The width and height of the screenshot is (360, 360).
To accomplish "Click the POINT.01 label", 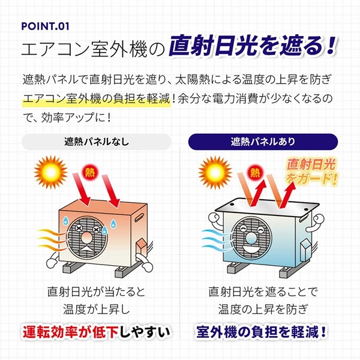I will [x=45, y=26].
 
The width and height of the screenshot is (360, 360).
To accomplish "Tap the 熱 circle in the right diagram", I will [x=255, y=172].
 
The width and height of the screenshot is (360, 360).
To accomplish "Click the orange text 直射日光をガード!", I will [x=311, y=170].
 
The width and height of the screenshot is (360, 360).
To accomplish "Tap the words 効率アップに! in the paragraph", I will [x=79, y=116].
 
